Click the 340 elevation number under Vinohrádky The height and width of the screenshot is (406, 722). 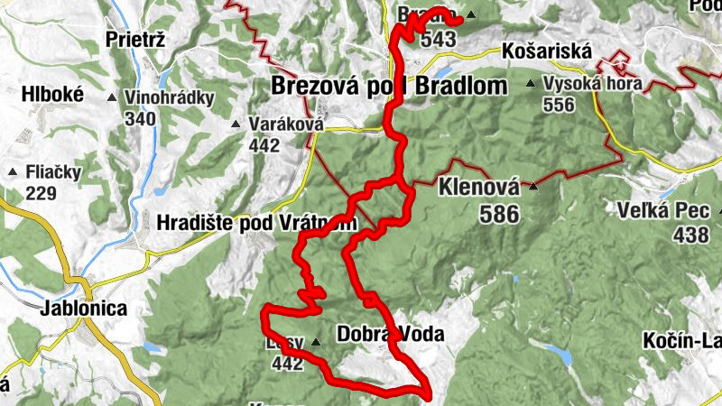(x=140, y=118)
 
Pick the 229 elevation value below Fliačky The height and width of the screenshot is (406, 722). (x=41, y=193)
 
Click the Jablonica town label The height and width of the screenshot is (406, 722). (x=83, y=308)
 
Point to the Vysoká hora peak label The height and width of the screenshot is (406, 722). (x=592, y=84)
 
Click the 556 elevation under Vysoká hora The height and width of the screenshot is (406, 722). (x=559, y=105)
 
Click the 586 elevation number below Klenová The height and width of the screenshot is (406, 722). (x=500, y=214)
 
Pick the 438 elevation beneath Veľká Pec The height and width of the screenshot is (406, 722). (x=690, y=235)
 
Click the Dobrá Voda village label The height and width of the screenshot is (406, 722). (x=390, y=334)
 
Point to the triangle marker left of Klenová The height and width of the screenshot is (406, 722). (x=532, y=187)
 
